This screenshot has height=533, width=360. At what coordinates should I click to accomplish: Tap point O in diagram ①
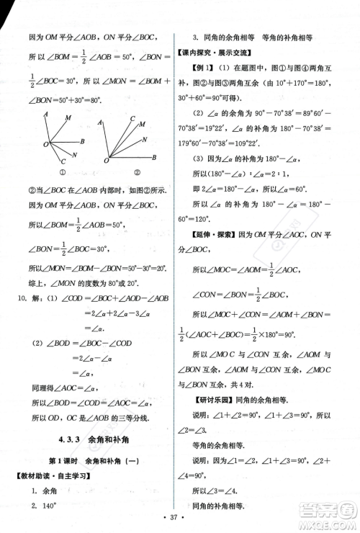[45, 145]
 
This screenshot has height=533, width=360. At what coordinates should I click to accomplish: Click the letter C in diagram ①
[65, 161]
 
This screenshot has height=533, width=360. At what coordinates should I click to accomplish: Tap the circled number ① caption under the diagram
[62, 171]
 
